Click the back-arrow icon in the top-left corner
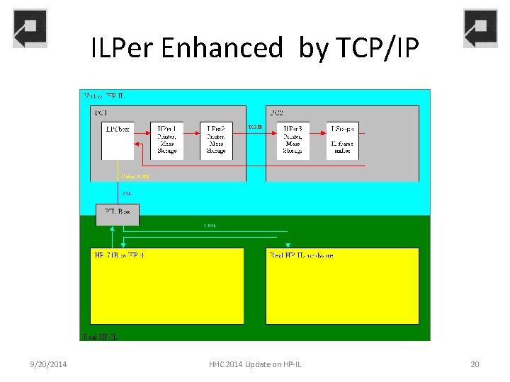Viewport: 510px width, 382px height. tap(30, 29)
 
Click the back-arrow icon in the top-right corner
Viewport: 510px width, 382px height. tap(480, 29)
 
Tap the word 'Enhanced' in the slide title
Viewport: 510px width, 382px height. tap(222, 48)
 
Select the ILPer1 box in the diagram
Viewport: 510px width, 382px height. tap(167, 140)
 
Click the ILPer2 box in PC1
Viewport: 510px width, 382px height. tap(216, 140)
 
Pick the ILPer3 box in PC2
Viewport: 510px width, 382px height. tap(293, 140)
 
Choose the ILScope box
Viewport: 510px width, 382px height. tap(341, 140)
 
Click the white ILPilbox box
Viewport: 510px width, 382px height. tap(118, 140)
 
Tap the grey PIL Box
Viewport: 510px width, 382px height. tap(118, 214)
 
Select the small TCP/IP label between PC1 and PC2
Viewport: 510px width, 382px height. tap(256, 127)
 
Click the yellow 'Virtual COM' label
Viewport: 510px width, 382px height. tap(135, 176)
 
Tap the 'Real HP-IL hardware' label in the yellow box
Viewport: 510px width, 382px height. tap(301, 255)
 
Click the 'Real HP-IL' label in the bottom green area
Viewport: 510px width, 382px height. tap(100, 336)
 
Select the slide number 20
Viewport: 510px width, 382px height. tap(475, 364)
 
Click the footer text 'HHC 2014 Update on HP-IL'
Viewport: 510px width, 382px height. tap(255, 364)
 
